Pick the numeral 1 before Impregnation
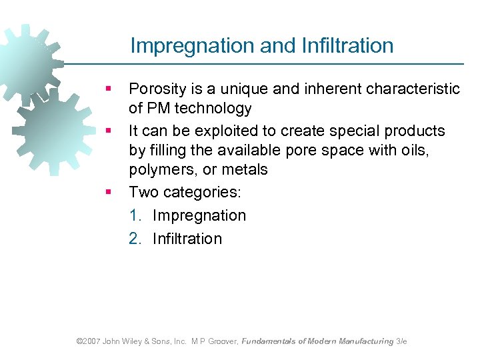134,215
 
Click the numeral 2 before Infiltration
134,239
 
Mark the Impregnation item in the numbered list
199,215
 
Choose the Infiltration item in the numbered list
187,239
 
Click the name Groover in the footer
223,341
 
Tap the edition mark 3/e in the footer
401,341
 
